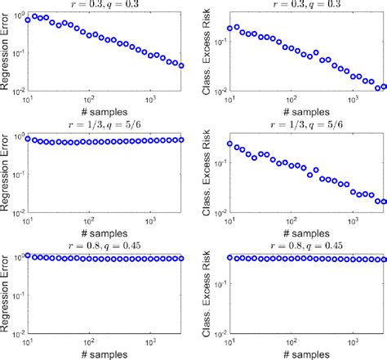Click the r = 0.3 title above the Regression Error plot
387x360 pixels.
(105, 4)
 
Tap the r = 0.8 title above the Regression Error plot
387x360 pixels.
(105, 245)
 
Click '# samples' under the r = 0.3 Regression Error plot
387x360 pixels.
(105, 113)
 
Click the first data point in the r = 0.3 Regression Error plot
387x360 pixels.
(29, 20)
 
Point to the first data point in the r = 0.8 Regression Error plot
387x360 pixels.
(29, 256)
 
